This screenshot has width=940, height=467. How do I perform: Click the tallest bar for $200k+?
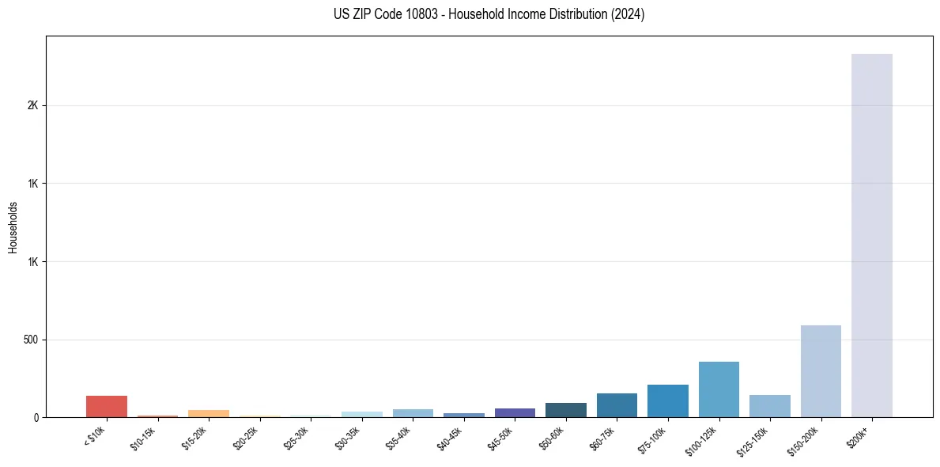(871, 235)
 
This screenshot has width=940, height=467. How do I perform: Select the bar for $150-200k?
(821, 371)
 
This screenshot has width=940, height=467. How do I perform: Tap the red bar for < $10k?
(107, 406)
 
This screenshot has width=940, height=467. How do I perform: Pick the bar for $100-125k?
(719, 389)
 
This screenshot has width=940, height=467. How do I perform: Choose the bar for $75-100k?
(668, 401)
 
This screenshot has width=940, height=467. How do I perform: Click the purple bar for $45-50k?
(515, 412)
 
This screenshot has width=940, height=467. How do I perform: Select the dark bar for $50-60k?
(566, 410)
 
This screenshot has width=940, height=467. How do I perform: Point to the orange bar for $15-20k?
(209, 413)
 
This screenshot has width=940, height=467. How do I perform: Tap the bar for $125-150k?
(770, 406)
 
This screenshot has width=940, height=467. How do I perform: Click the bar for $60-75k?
(617, 405)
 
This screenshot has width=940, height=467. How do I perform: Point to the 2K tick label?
(33, 105)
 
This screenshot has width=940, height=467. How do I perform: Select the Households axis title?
(13, 227)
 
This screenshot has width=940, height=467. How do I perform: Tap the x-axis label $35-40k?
(399, 438)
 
